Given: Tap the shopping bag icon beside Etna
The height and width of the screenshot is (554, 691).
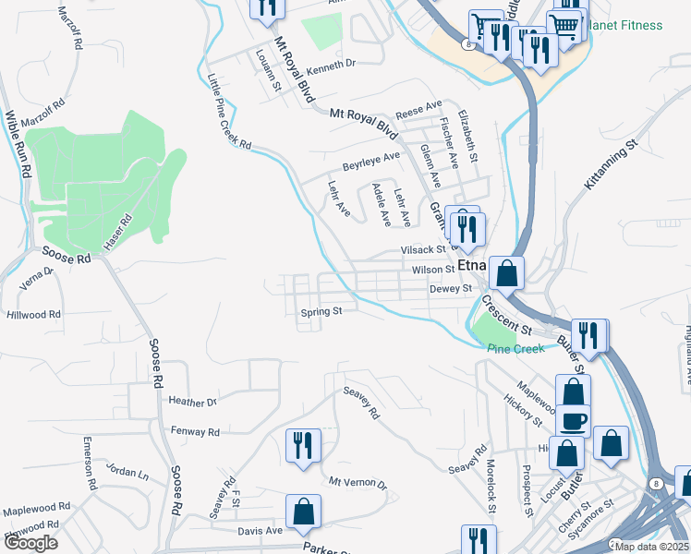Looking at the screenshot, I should (x=506, y=272).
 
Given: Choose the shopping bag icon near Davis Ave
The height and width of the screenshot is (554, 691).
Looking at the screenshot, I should (x=302, y=512).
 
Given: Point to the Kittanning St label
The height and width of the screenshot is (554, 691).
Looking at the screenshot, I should (x=611, y=165).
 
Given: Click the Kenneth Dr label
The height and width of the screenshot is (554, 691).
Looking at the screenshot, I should (x=331, y=65).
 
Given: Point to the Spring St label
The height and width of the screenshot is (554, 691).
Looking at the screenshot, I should (x=321, y=312).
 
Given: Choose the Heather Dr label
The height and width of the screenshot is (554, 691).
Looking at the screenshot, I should (x=193, y=401).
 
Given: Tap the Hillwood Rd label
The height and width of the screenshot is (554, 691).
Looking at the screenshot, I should (x=33, y=315).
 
